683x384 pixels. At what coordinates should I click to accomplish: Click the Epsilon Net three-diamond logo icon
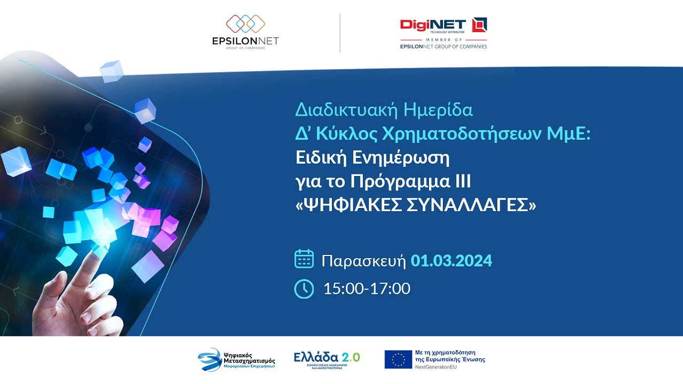245,23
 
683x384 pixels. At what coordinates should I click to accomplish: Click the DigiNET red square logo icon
480,25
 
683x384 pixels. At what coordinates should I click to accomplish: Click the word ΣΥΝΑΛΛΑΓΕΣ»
478,205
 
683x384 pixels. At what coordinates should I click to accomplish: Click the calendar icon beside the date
304,259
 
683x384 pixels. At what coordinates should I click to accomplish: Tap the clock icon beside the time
304,289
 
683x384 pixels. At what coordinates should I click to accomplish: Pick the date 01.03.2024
451,261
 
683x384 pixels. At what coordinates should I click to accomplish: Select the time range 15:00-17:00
367,289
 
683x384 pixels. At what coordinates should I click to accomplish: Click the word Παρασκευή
364,261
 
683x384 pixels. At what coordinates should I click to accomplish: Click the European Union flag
398,359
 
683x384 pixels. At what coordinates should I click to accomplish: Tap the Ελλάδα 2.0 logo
327,358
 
